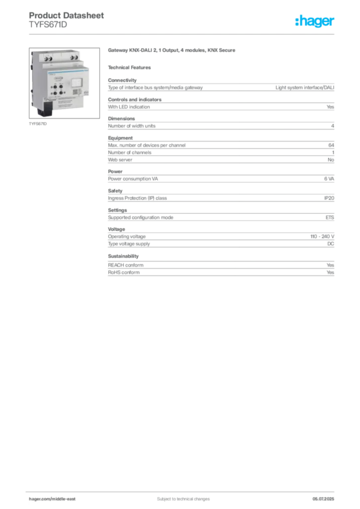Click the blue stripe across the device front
[x=67, y=72]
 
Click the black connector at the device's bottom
[x=49, y=108]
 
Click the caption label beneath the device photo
[x=38, y=124]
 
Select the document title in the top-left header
[x=67, y=15]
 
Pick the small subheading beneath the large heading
[x=131, y=67]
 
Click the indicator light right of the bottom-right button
[x=65, y=92]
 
